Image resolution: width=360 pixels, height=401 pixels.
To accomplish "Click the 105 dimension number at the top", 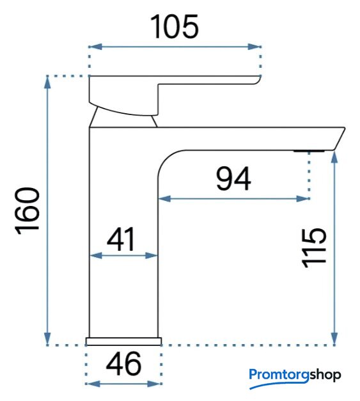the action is tap(175, 26).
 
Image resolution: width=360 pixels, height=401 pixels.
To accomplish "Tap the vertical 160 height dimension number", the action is tap(27, 211).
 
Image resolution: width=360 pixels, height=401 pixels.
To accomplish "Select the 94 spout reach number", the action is tap(233, 179).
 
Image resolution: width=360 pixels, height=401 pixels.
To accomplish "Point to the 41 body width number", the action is tap(121, 239).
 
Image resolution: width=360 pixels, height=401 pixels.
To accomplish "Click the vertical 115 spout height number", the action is tap(314, 248).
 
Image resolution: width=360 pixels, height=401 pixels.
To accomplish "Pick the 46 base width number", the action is tap(123, 363).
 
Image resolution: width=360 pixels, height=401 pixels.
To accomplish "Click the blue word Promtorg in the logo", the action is tap(279, 376).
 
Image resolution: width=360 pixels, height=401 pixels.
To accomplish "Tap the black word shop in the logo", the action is tap(325, 375).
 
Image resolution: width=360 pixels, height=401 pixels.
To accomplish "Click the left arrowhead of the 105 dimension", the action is tap(95, 47).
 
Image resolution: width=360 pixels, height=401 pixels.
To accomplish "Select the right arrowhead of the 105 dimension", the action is tap(254, 47).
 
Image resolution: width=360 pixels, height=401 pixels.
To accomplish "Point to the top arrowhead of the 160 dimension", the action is tap(47, 83).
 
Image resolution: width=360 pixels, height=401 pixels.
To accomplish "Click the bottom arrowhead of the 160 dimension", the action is tap(47, 339).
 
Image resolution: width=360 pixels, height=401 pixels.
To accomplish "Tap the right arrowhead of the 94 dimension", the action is tap(303, 199).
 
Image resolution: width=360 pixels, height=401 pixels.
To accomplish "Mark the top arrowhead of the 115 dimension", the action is tap(334, 157).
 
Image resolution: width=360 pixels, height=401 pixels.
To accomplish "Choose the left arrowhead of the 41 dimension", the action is tap(96, 255).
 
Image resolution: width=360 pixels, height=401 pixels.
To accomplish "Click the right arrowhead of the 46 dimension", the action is tap(154, 384).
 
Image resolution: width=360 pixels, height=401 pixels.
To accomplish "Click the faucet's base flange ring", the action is tap(124, 342).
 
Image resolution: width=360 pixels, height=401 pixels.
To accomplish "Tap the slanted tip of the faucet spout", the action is tap(340, 139).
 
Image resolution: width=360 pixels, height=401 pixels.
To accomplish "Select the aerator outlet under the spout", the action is tap(309, 151).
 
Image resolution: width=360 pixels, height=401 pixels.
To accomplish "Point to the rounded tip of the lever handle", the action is tap(258, 80).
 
